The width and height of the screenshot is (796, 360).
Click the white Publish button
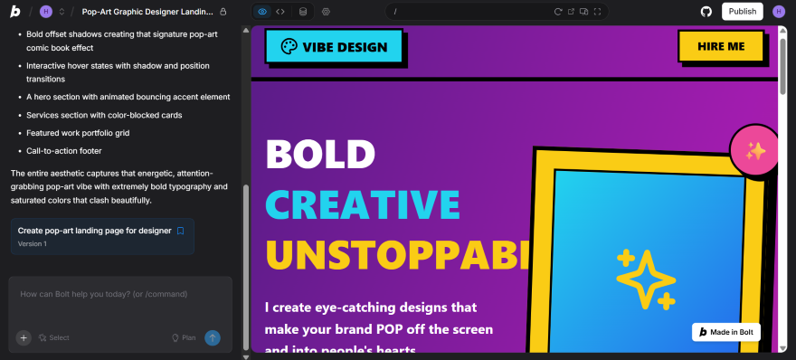click(742, 12)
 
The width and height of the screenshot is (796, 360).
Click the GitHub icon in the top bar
click(706, 12)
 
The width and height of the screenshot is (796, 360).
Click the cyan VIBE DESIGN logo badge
click(334, 47)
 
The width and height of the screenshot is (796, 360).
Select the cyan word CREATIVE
click(363, 204)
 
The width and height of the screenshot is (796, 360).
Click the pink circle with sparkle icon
click(755, 151)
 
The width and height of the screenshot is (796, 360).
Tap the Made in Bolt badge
click(726, 332)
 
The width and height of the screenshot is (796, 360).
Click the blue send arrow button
click(213, 337)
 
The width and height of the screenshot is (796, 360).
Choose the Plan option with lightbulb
click(184, 337)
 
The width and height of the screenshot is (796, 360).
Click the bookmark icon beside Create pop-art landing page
click(180, 231)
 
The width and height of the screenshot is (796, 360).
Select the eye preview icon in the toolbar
click(262, 12)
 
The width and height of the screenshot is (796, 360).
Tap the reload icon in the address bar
click(558, 12)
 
